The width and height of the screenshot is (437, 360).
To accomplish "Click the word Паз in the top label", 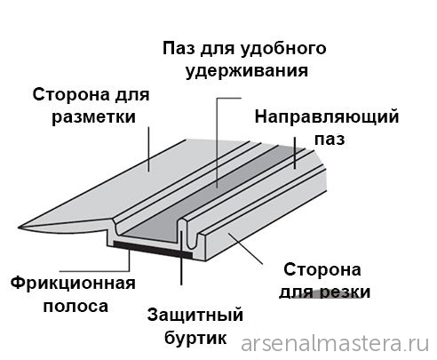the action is click(x=179, y=48).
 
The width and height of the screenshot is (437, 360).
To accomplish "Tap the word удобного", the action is click(x=283, y=49).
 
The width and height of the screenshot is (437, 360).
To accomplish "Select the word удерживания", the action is click(x=247, y=70).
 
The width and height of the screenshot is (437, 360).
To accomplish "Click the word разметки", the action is click(x=93, y=116).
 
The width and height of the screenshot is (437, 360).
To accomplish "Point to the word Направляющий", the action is click(x=327, y=117).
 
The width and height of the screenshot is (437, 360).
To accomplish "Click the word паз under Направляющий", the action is click(x=330, y=139).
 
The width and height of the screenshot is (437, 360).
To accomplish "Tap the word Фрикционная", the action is click(x=73, y=284).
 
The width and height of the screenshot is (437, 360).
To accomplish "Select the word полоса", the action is click(x=75, y=307).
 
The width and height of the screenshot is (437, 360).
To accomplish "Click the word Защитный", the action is click(x=195, y=315).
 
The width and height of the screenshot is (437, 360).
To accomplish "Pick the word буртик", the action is click(x=195, y=338).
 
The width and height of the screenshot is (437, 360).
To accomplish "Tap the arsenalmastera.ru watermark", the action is click(x=335, y=344).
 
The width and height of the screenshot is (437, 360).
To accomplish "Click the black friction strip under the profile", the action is click(x=153, y=249).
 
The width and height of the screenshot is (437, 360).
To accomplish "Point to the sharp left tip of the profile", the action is click(x=19, y=228).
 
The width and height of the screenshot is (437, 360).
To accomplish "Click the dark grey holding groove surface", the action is click(x=207, y=194).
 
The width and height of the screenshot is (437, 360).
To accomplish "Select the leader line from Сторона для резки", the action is click(x=245, y=248).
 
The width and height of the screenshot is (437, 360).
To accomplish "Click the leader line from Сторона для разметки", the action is click(x=148, y=149).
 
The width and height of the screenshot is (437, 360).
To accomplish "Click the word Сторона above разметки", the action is click(x=72, y=95).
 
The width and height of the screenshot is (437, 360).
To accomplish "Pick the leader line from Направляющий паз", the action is click(x=295, y=153).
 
